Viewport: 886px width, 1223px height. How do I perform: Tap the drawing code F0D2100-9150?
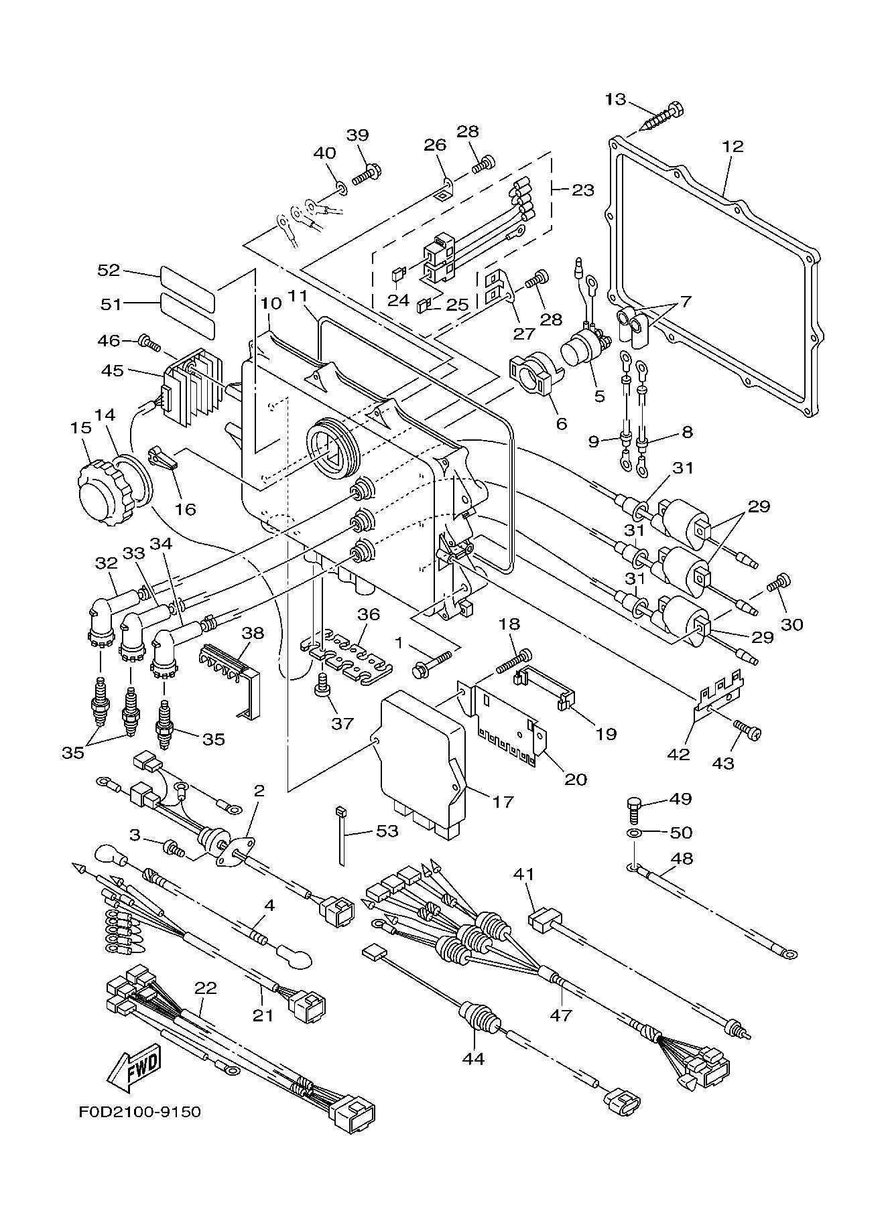[x=139, y=1112]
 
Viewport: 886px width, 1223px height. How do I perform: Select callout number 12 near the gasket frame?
[x=733, y=146]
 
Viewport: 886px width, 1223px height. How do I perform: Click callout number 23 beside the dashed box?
[x=583, y=190]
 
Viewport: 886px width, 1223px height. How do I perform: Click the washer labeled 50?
[x=633, y=833]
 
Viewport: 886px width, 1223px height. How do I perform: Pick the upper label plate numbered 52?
[x=188, y=276]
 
